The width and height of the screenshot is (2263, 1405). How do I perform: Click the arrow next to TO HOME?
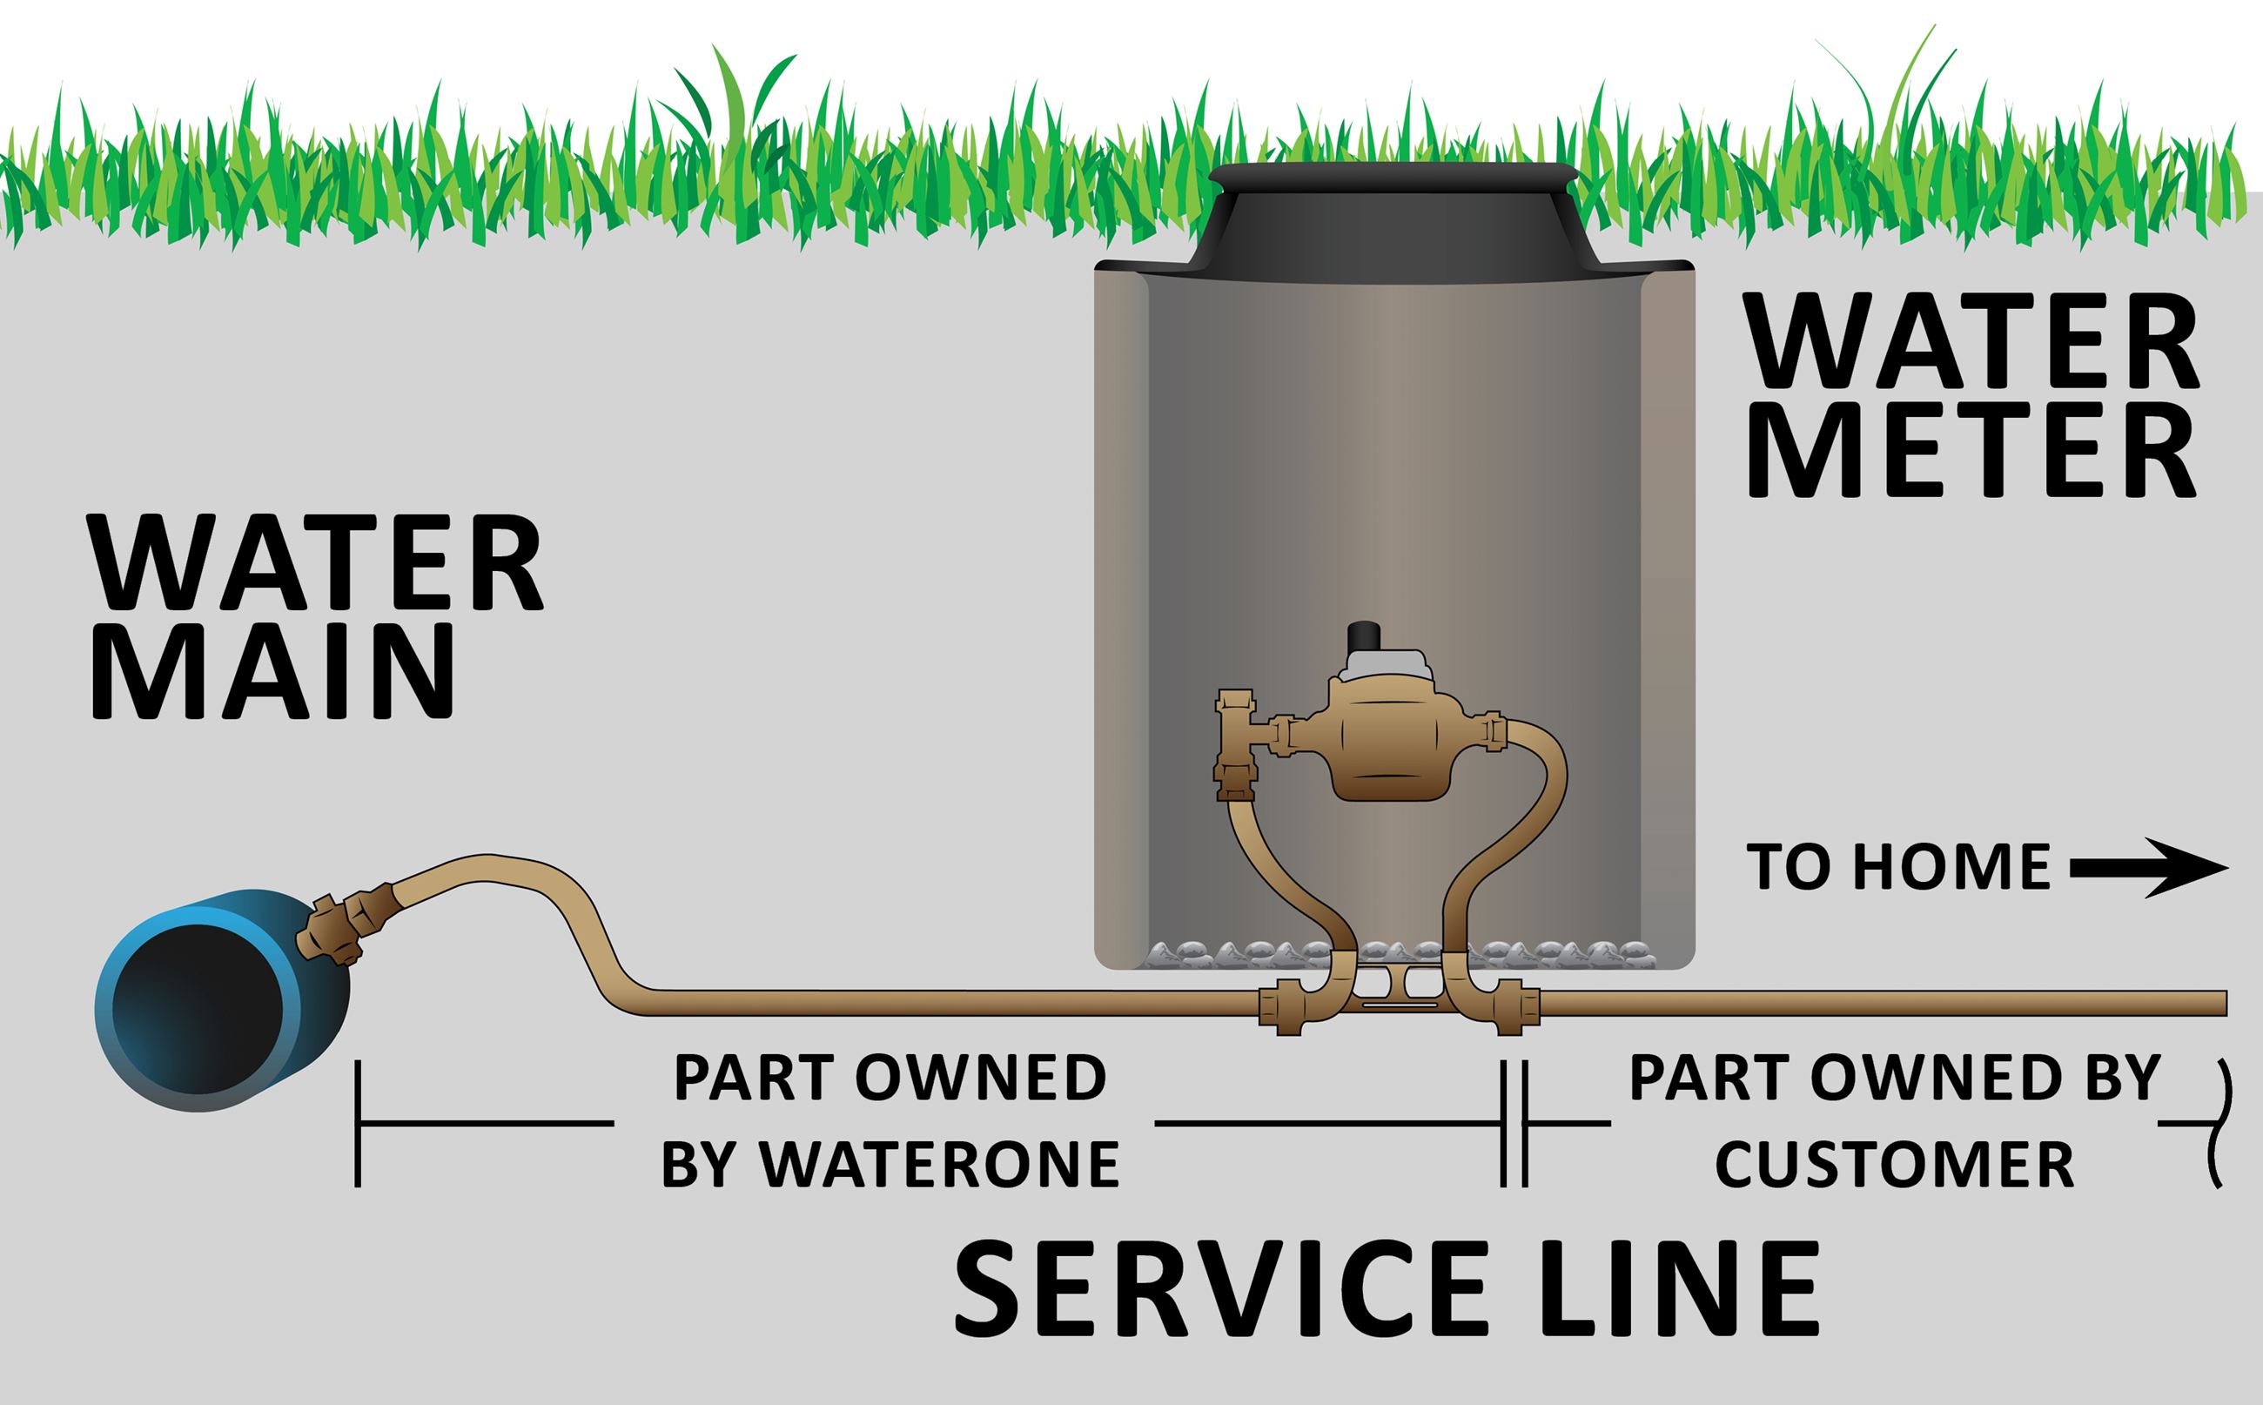click(2148, 868)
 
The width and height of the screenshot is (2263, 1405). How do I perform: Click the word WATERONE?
click(939, 1163)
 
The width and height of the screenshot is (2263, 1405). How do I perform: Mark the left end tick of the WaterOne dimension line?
click(358, 1125)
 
